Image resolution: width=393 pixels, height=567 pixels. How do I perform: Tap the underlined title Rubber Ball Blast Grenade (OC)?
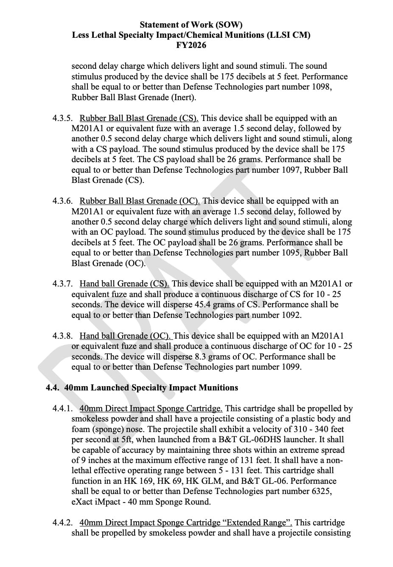tap(140, 201)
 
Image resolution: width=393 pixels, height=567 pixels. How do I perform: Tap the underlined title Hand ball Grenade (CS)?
tap(124, 284)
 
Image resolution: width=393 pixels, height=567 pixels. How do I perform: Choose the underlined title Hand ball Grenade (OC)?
tap(125, 336)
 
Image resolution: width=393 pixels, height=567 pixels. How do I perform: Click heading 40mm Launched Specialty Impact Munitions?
tap(151, 388)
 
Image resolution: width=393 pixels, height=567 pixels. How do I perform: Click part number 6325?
tap(321, 491)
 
